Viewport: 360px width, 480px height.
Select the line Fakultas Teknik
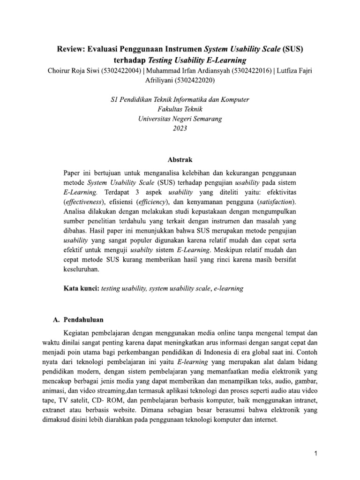pos(180,109)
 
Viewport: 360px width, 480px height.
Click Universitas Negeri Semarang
pos(180,119)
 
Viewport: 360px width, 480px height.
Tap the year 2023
pos(180,129)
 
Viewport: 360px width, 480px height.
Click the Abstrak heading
pos(180,159)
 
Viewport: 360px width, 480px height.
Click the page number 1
pos(316,454)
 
